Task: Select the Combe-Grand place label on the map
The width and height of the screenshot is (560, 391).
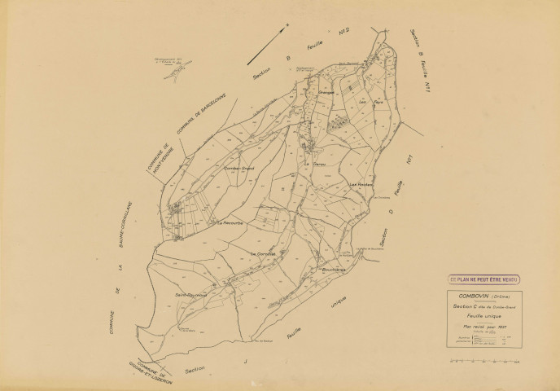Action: [x=239, y=169]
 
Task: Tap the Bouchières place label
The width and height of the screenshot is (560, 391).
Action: [x=335, y=269]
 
